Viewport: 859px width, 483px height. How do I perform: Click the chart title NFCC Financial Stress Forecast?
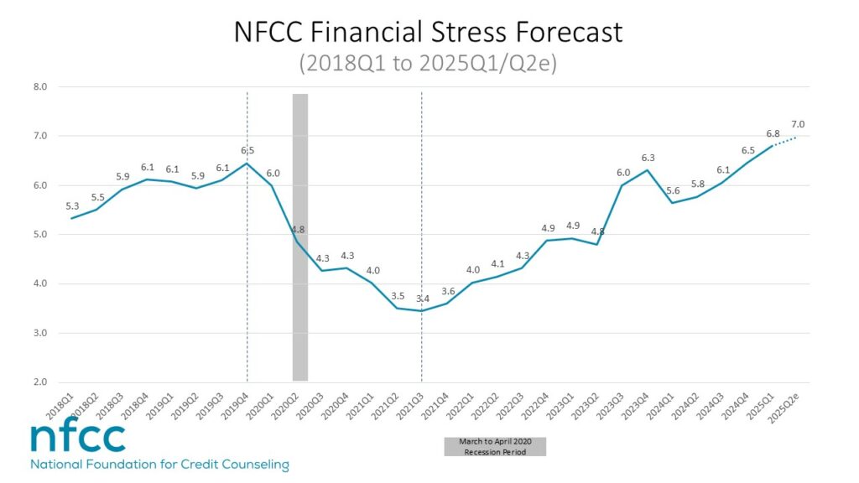(x=429, y=32)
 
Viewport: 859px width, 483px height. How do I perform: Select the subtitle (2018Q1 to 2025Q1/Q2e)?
(x=429, y=64)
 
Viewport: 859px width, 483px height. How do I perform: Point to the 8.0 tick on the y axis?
(x=39, y=86)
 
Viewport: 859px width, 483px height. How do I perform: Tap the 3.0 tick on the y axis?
(x=39, y=333)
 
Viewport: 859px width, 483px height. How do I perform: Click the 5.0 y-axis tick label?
(x=39, y=235)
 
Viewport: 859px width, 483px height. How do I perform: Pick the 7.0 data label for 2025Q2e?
(x=797, y=124)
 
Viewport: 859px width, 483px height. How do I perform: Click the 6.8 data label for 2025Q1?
(x=773, y=133)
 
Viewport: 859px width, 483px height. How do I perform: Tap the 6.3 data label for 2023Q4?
(x=648, y=158)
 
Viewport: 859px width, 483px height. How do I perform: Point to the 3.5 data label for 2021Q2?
(x=398, y=296)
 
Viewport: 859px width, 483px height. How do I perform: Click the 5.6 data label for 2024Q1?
(x=672, y=190)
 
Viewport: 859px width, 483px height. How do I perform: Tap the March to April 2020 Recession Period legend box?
(x=495, y=446)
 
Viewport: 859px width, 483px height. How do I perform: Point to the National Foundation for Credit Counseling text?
(x=159, y=465)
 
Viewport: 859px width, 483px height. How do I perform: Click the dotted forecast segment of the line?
(x=784, y=141)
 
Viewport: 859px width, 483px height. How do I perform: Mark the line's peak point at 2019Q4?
(x=247, y=163)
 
